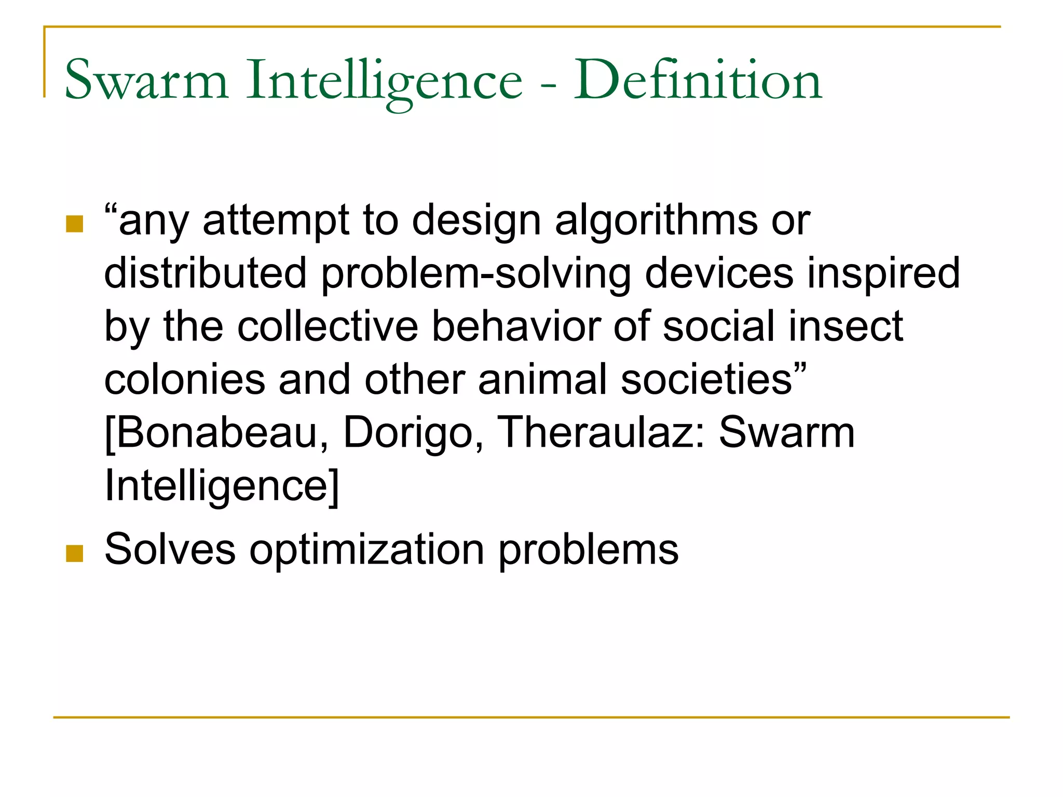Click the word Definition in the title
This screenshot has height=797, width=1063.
coord(698,80)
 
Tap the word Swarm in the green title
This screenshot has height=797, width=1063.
coord(146,80)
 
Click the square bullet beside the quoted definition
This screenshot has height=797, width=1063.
coord(75,224)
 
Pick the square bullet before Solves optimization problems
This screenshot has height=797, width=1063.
coord(75,554)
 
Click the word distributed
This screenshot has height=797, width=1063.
coord(206,273)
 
